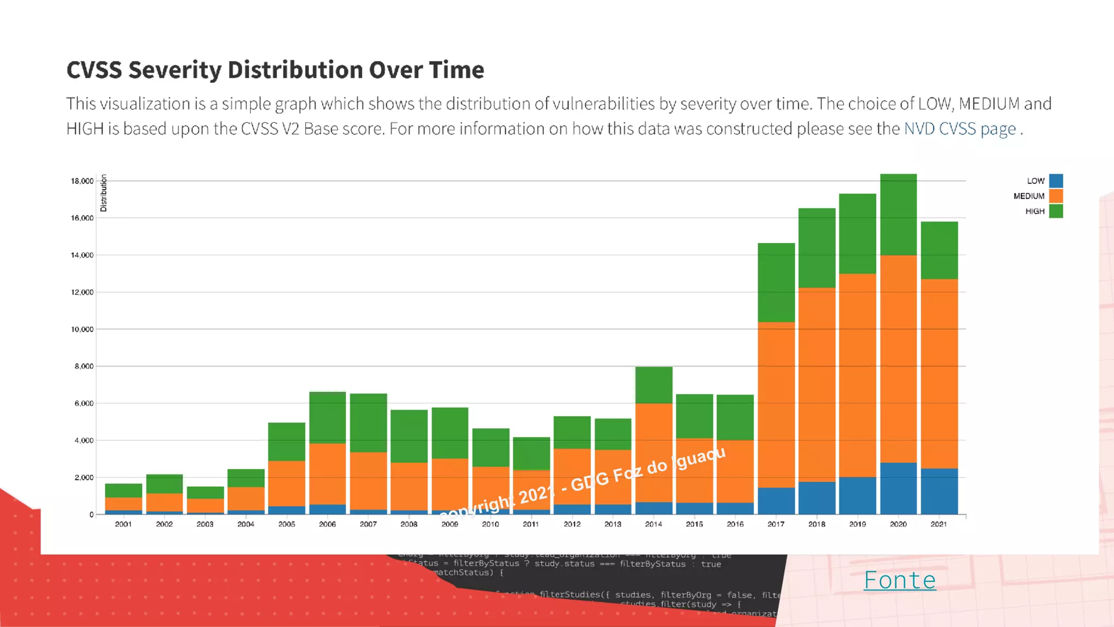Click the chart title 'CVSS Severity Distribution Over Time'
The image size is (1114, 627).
click(x=275, y=70)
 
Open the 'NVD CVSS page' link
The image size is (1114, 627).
click(x=960, y=129)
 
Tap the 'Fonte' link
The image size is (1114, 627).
click(x=900, y=580)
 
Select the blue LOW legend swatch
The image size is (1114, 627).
click(x=1056, y=181)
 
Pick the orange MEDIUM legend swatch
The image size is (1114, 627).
click(x=1056, y=196)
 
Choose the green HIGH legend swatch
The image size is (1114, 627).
click(x=1056, y=211)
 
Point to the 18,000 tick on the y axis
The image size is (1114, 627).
click(x=82, y=181)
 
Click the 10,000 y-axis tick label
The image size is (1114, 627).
click(x=82, y=329)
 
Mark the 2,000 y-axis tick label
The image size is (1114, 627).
click(x=84, y=477)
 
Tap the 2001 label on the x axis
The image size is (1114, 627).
click(x=123, y=524)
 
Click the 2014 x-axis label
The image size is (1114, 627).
click(x=653, y=524)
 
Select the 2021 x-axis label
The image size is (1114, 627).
click(x=939, y=524)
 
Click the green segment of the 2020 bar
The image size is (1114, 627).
click(x=899, y=214)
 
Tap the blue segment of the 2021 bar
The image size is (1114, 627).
click(x=939, y=491)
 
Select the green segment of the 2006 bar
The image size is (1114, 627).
click(x=327, y=417)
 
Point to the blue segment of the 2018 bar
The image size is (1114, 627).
click(x=817, y=497)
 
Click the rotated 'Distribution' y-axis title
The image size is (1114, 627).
click(x=103, y=193)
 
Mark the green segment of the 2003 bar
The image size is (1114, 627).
click(x=205, y=493)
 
